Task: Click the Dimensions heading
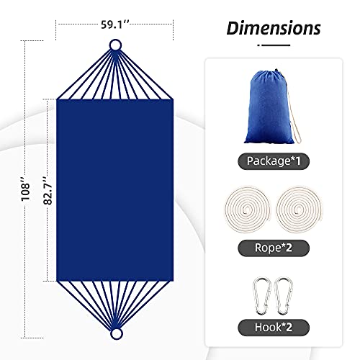coord(273,28)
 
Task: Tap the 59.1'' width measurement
coord(115,24)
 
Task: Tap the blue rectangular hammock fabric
coord(115,189)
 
